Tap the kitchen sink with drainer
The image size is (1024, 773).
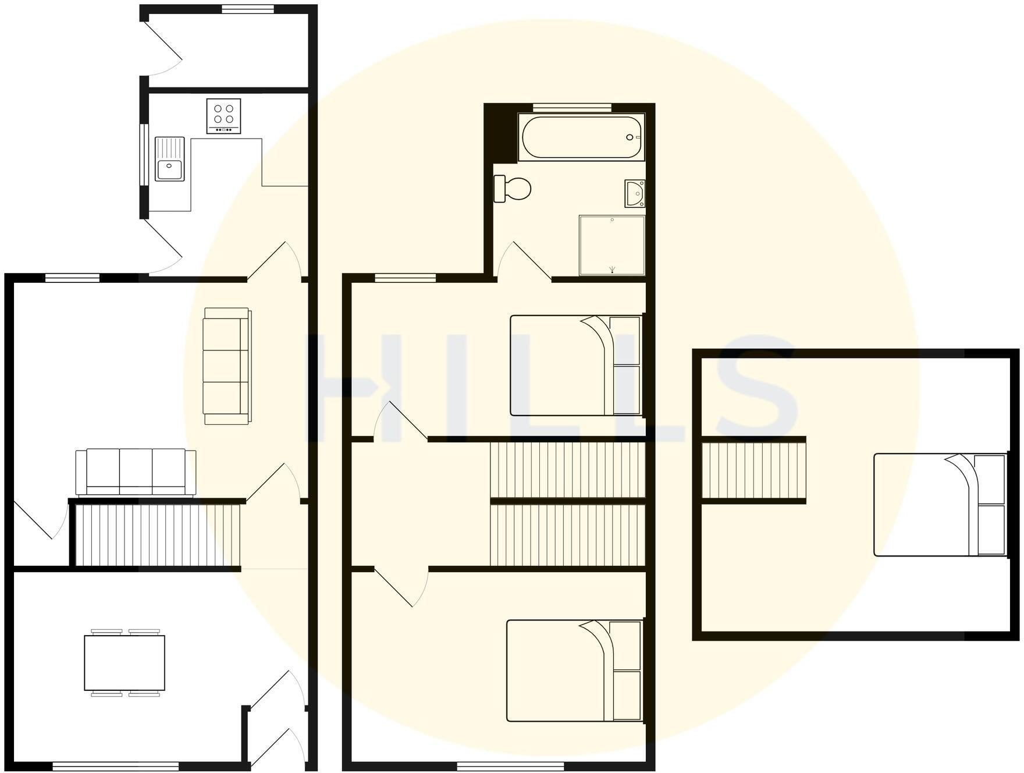[x=169, y=159]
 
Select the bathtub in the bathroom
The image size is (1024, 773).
[x=581, y=137]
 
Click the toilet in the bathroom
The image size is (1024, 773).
[x=513, y=189]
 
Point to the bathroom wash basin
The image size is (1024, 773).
[x=635, y=193]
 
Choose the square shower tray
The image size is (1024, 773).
[x=612, y=245]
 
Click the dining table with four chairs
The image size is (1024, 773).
[x=125, y=663]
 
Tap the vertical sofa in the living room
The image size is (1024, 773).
[x=227, y=366]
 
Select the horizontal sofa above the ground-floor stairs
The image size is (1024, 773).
[x=136, y=473]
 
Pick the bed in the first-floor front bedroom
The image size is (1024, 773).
[x=574, y=671]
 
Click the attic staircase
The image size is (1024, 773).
[x=753, y=470]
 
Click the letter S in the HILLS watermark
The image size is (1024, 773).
[x=751, y=387]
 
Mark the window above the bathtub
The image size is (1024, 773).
[x=572, y=107]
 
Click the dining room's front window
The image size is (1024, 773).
[x=116, y=765]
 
